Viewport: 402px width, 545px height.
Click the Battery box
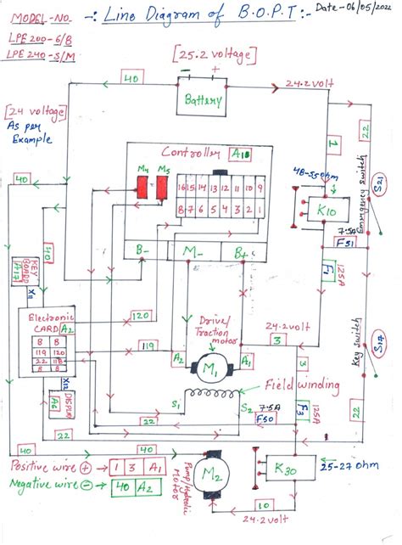203,99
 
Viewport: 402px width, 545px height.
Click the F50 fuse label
265,418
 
